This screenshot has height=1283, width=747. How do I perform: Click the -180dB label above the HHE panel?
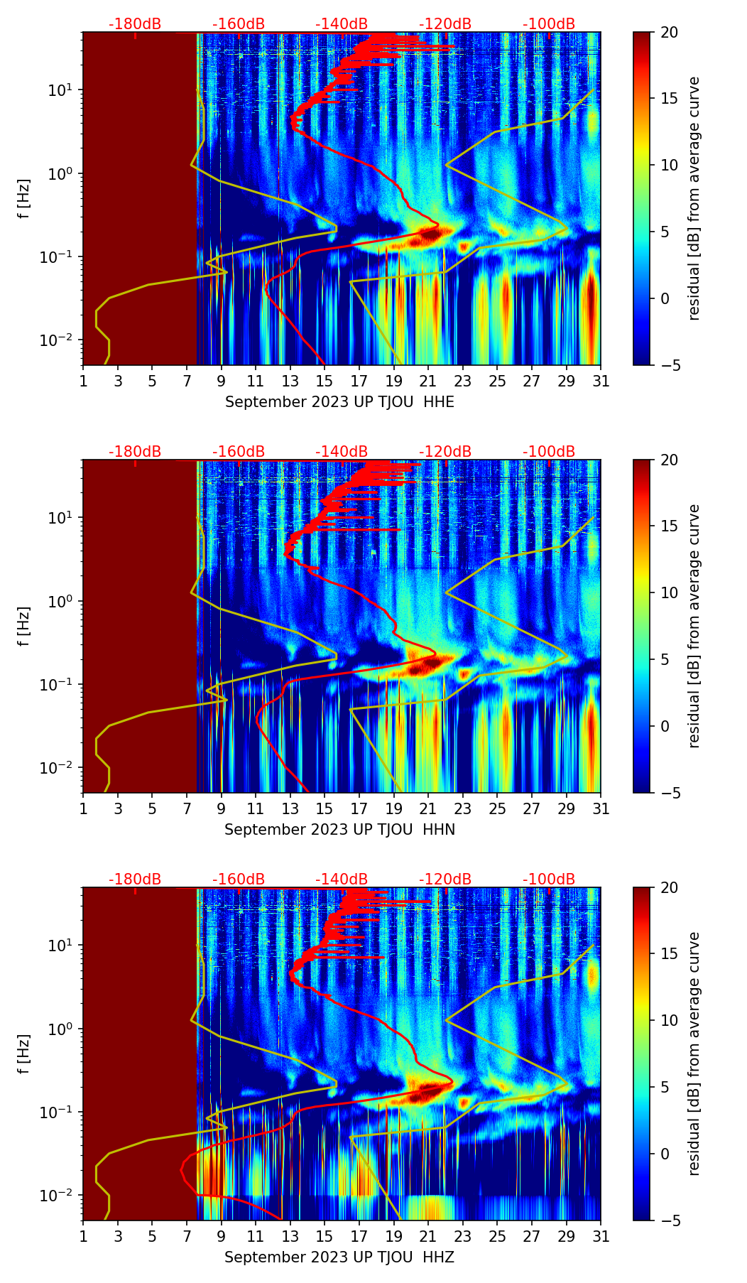click(x=135, y=24)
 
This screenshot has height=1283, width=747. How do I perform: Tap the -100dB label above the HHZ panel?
click(x=549, y=879)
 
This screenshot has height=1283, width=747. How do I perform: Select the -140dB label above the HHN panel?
click(x=342, y=452)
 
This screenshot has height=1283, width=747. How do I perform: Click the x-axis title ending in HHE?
click(x=339, y=402)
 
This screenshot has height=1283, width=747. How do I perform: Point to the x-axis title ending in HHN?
click(x=339, y=830)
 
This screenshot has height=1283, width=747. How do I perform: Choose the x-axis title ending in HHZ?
click(x=339, y=1257)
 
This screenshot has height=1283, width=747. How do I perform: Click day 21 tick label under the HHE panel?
click(x=427, y=381)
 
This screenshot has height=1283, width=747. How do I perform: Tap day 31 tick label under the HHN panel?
click(x=601, y=808)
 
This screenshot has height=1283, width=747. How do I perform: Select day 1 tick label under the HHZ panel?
click(x=83, y=1236)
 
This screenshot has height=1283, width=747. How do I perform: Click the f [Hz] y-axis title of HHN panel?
click(x=24, y=626)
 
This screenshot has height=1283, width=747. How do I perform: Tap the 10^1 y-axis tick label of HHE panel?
click(x=60, y=90)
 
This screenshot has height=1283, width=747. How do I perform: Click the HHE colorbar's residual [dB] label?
click(x=694, y=199)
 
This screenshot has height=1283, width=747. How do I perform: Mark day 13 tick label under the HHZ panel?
click(x=290, y=1236)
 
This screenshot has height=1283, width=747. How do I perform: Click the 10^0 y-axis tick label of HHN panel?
click(x=60, y=601)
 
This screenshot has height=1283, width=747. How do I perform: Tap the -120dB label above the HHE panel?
click(x=445, y=24)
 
